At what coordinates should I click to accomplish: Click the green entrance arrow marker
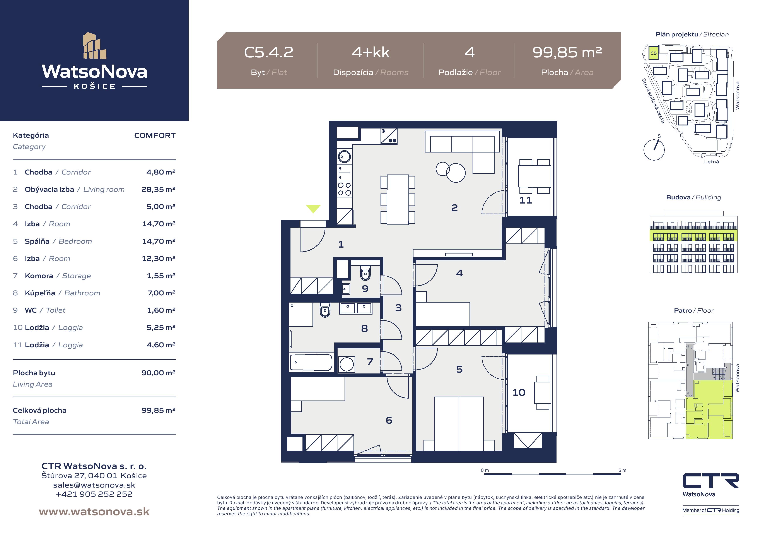[313, 209]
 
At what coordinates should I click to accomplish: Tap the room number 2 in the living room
[454, 208]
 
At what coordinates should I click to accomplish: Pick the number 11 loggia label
[525, 200]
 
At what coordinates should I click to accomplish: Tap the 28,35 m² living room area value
[159, 189]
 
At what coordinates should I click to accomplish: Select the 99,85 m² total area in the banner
[567, 52]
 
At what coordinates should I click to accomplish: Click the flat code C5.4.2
[268, 52]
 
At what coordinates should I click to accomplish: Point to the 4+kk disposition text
[371, 52]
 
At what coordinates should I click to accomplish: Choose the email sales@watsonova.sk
[94, 485]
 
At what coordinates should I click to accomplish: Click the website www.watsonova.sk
[94, 512]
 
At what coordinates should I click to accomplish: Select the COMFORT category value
[155, 135]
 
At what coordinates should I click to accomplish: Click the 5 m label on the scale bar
[622, 470]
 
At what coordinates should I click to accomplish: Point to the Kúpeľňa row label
[40, 293]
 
